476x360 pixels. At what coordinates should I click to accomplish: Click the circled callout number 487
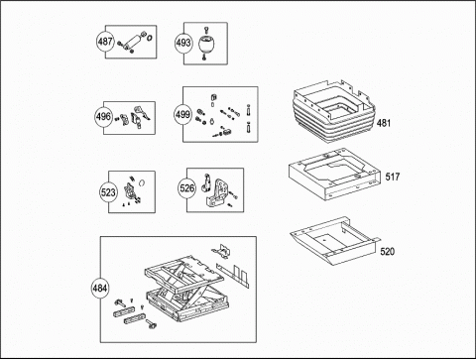point(105,42)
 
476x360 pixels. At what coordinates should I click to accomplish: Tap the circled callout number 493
point(183,43)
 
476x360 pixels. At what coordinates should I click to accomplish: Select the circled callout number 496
point(103,117)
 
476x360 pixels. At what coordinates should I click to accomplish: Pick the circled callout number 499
point(182,115)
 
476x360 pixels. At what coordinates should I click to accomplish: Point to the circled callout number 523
point(108,192)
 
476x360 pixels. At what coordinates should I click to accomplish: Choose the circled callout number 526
point(186,188)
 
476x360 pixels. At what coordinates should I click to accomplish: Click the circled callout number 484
point(100,288)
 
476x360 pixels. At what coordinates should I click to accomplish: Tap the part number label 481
point(384,123)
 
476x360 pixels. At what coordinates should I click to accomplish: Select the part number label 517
point(393,177)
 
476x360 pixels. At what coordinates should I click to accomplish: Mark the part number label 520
point(388,252)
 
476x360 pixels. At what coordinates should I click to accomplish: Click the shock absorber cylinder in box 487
point(133,43)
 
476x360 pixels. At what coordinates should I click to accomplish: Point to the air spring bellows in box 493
point(206,44)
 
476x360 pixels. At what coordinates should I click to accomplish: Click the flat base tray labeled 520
point(335,241)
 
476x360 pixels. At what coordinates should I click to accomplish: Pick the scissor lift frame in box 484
point(186,290)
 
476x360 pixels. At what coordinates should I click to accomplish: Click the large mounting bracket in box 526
point(217,193)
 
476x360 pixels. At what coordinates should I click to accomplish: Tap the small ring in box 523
point(142,182)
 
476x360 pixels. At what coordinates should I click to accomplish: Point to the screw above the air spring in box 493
point(206,31)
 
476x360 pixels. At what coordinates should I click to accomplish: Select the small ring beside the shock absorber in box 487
point(149,38)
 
